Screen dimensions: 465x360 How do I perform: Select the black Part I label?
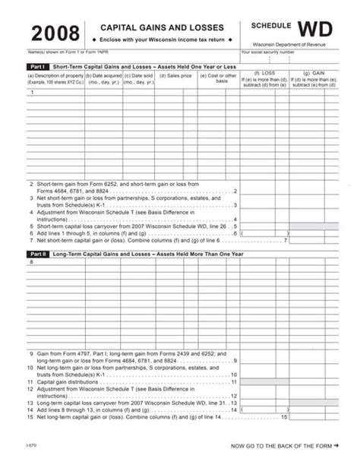pyautogui.click(x=37, y=67)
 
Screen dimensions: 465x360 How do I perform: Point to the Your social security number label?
pyautogui.click(x=267, y=52)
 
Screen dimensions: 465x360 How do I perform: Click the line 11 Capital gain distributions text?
pyautogui.click(x=68, y=381)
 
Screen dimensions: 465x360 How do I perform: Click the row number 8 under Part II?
pyautogui.click(x=31, y=262)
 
